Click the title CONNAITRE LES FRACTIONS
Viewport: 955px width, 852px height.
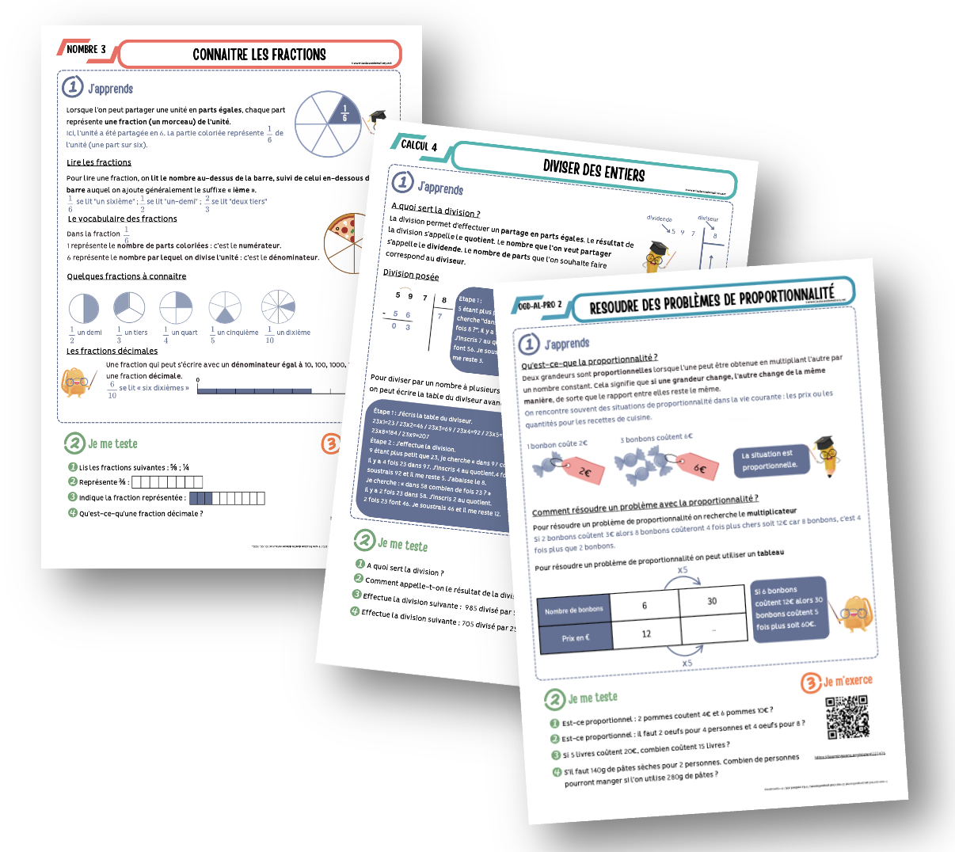point(259,55)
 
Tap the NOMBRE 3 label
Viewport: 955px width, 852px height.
point(86,49)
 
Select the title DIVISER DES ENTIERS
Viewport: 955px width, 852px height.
point(593,169)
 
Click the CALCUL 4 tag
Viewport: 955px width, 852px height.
point(418,145)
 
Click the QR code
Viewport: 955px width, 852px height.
point(847,717)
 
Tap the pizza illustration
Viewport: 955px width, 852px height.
point(344,243)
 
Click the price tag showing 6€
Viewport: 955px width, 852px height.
point(697,467)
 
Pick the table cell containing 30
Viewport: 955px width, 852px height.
point(711,602)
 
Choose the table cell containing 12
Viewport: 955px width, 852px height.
point(646,633)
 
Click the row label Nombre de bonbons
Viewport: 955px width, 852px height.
point(574,610)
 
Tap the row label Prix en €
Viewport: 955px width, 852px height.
point(576,637)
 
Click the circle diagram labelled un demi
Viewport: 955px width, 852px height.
point(84,308)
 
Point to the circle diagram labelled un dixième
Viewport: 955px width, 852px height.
point(278,307)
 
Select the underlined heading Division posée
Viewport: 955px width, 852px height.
point(411,274)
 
